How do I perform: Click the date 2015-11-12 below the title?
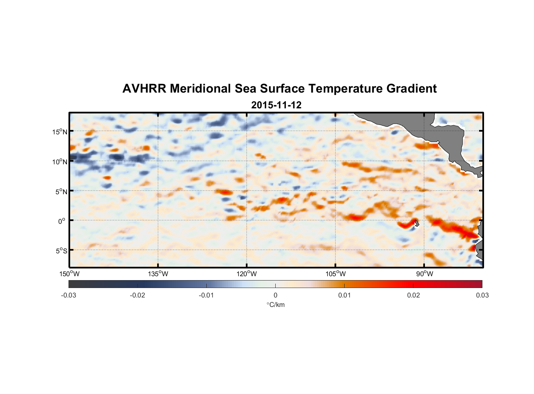[x=276, y=105]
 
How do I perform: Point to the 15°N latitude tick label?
[x=60, y=132]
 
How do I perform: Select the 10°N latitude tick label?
[x=60, y=162]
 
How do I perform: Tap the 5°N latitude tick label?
[x=61, y=191]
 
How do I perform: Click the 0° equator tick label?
[x=62, y=221]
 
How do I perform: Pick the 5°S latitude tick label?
[x=61, y=251]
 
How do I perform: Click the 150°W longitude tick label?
[x=69, y=274]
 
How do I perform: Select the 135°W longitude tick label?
[x=158, y=274]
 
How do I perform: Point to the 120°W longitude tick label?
[x=247, y=274]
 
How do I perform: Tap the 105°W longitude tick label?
[x=336, y=274]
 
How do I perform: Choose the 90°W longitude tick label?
[x=425, y=274]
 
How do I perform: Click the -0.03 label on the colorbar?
[x=69, y=295]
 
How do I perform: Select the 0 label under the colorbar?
[x=275, y=295]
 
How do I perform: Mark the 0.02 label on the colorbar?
[x=413, y=295]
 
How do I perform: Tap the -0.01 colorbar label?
[x=206, y=295]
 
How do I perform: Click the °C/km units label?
[x=276, y=305]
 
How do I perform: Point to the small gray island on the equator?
[x=417, y=223]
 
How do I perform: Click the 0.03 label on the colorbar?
[x=482, y=295]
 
